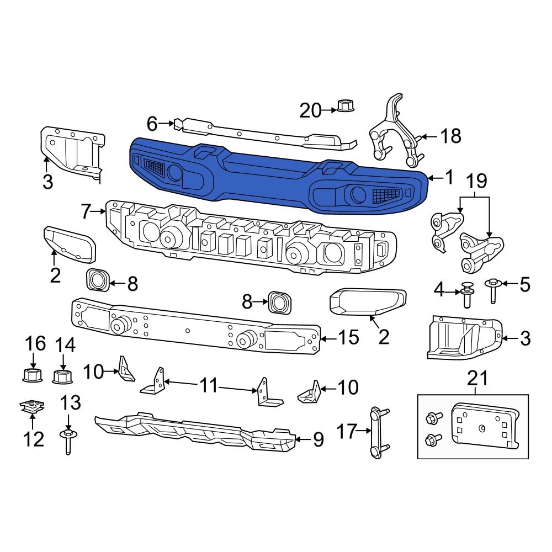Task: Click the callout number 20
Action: pyautogui.click(x=310, y=110)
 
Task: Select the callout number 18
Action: pyautogui.click(x=452, y=136)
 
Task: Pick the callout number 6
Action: pyautogui.click(x=152, y=123)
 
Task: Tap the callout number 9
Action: pyautogui.click(x=318, y=439)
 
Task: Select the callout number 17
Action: pyautogui.click(x=348, y=431)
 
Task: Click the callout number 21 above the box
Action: pyautogui.click(x=478, y=379)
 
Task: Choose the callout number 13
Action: pyautogui.click(x=70, y=404)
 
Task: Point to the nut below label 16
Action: pyautogui.click(x=33, y=376)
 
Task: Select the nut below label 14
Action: pyautogui.click(x=63, y=377)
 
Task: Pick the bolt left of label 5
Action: pyautogui.click(x=492, y=290)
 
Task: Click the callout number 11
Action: pyautogui.click(x=209, y=385)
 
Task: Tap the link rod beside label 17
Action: pyautogui.click(x=376, y=432)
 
